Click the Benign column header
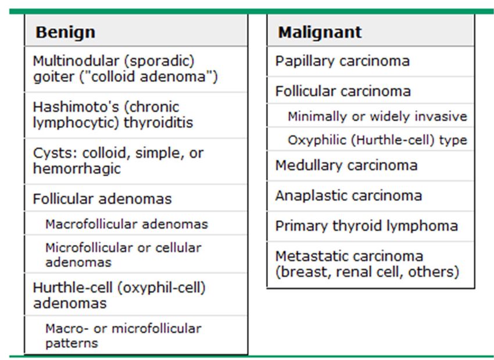pos(65,32)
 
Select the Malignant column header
pos(320,32)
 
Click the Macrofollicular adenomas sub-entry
pos(127,224)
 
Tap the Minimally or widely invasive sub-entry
pos(377,117)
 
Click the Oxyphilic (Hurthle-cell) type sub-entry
pos(377,140)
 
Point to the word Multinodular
pos(76,61)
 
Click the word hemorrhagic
pos(77,168)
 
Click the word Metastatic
pos(318,256)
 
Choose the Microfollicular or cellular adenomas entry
pos(123,255)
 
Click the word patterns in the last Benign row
pos(71,343)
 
